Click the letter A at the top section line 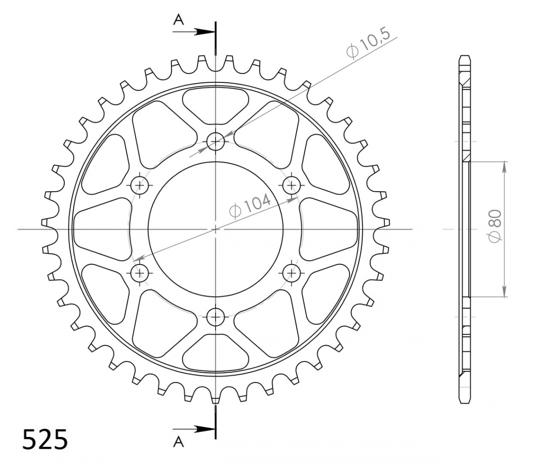point(178,20)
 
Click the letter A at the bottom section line point(178,441)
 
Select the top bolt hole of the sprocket point(216,142)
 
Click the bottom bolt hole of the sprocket point(216,317)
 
